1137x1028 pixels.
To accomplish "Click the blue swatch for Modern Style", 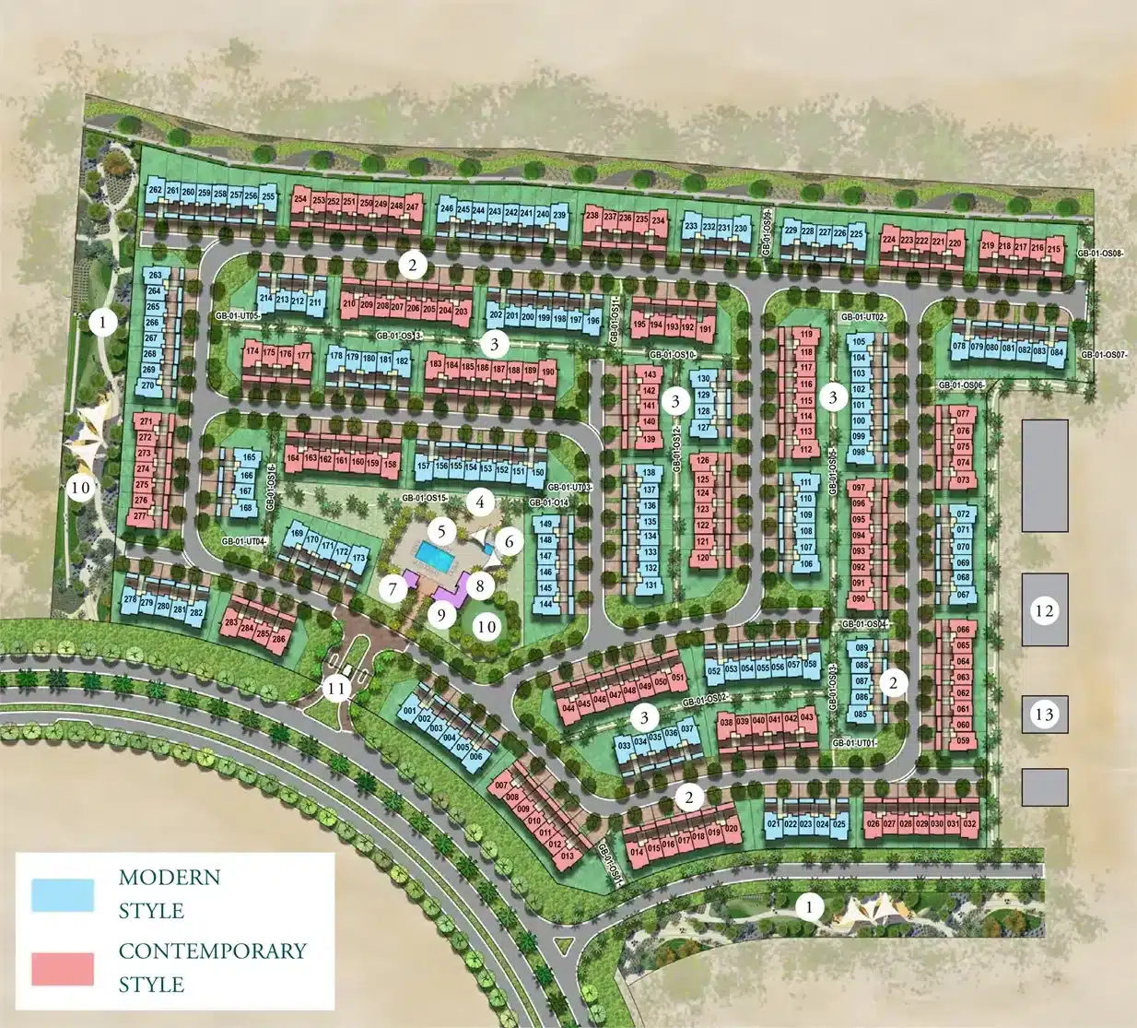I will pyautogui.click(x=63, y=894).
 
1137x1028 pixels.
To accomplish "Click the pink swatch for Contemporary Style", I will pyautogui.click(x=63, y=968).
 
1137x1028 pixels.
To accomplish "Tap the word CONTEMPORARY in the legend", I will pyautogui.click(x=212, y=951).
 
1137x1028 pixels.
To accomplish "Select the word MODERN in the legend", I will pyautogui.click(x=170, y=877).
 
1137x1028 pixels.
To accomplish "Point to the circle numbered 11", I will pyautogui.click(x=336, y=688).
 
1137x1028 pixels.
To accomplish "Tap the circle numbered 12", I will pyautogui.click(x=1044, y=610).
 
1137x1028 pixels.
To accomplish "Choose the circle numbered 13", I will pyautogui.click(x=1044, y=715).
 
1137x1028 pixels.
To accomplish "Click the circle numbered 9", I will pyautogui.click(x=441, y=614).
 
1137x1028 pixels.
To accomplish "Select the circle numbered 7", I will pyautogui.click(x=393, y=587).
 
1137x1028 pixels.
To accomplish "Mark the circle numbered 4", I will pyautogui.click(x=480, y=502).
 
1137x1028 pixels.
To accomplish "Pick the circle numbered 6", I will pyautogui.click(x=509, y=542).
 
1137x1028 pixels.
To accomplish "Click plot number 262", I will pyautogui.click(x=155, y=191).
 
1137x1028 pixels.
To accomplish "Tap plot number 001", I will pyautogui.click(x=411, y=711).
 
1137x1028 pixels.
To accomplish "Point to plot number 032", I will pyautogui.click(x=968, y=824).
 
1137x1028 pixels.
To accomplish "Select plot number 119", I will pyautogui.click(x=806, y=335).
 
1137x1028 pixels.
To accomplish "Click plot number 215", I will pyautogui.click(x=1054, y=248).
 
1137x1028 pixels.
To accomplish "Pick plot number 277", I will pyautogui.click(x=140, y=516).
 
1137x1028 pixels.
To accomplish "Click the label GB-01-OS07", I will pyautogui.click(x=1103, y=355).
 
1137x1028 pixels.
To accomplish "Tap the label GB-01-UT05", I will pyautogui.click(x=238, y=315).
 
